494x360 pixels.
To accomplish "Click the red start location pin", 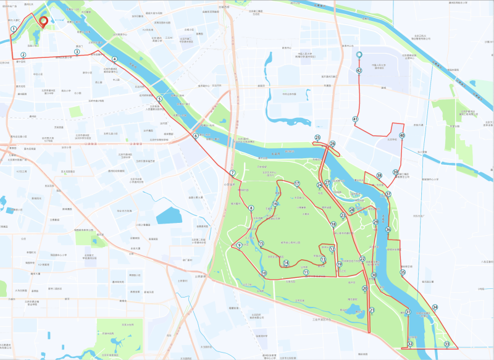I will click(43, 22).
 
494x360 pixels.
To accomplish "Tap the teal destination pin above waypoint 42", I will click(359, 56).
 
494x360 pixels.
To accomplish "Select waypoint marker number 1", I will click(14, 29).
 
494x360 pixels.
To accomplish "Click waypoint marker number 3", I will click(77, 52).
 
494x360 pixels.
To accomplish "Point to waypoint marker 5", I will click(159, 99).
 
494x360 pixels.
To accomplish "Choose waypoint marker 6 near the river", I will click(195, 136).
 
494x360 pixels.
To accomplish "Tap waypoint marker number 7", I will click(233, 173).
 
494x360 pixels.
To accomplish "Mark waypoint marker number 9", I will click(239, 246).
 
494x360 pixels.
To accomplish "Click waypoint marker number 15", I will click(261, 244).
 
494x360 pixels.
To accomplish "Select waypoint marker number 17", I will click(297, 183).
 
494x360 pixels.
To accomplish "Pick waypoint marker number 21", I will click(372, 311).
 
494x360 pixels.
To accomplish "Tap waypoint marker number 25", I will click(318, 138).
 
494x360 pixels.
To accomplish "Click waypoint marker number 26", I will click(332, 144).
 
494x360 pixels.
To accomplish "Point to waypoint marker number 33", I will click(447, 344).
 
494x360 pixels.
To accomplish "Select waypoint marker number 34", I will click(435, 307).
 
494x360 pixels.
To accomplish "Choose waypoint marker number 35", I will click(403, 272).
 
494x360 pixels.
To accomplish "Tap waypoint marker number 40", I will click(402, 135).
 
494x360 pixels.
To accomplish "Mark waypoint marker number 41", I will click(355, 119).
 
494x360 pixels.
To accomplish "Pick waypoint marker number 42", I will click(359, 71).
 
